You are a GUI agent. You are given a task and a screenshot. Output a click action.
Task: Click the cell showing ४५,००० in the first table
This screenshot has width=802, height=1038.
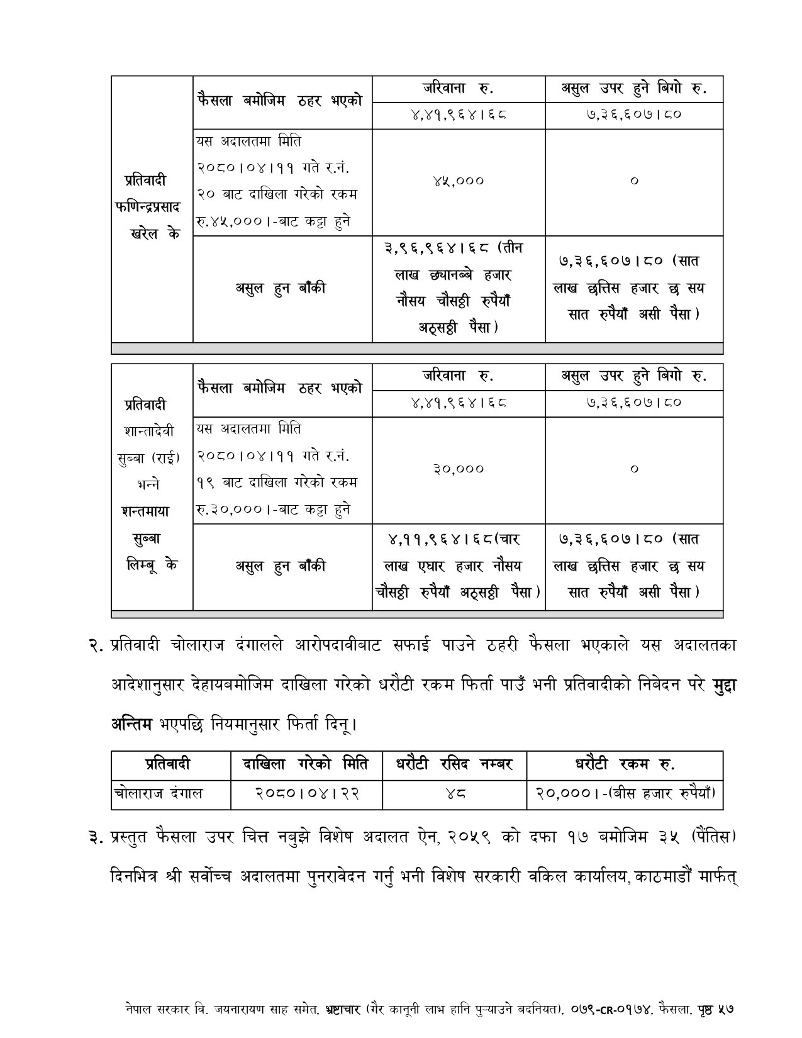pyautogui.click(x=459, y=181)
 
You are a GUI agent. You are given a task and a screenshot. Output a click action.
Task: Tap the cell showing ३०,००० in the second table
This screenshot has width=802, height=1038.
pyautogui.click(x=459, y=469)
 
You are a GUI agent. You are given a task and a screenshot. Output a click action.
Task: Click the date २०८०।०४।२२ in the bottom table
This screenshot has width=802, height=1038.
pyautogui.click(x=307, y=794)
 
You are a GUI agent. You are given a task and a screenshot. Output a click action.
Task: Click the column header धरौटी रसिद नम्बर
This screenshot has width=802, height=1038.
pyautogui.click(x=455, y=764)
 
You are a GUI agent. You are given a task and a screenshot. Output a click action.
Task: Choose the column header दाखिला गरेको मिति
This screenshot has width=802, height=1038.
pyautogui.click(x=307, y=764)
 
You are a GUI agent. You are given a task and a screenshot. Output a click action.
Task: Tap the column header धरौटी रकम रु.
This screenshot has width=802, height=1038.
pyautogui.click(x=625, y=764)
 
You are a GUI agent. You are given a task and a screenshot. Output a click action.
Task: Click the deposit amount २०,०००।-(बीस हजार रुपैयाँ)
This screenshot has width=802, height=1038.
pyautogui.click(x=625, y=794)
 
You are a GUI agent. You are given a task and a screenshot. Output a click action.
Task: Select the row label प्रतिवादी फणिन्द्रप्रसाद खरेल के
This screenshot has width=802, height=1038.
pyautogui.click(x=152, y=207)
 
